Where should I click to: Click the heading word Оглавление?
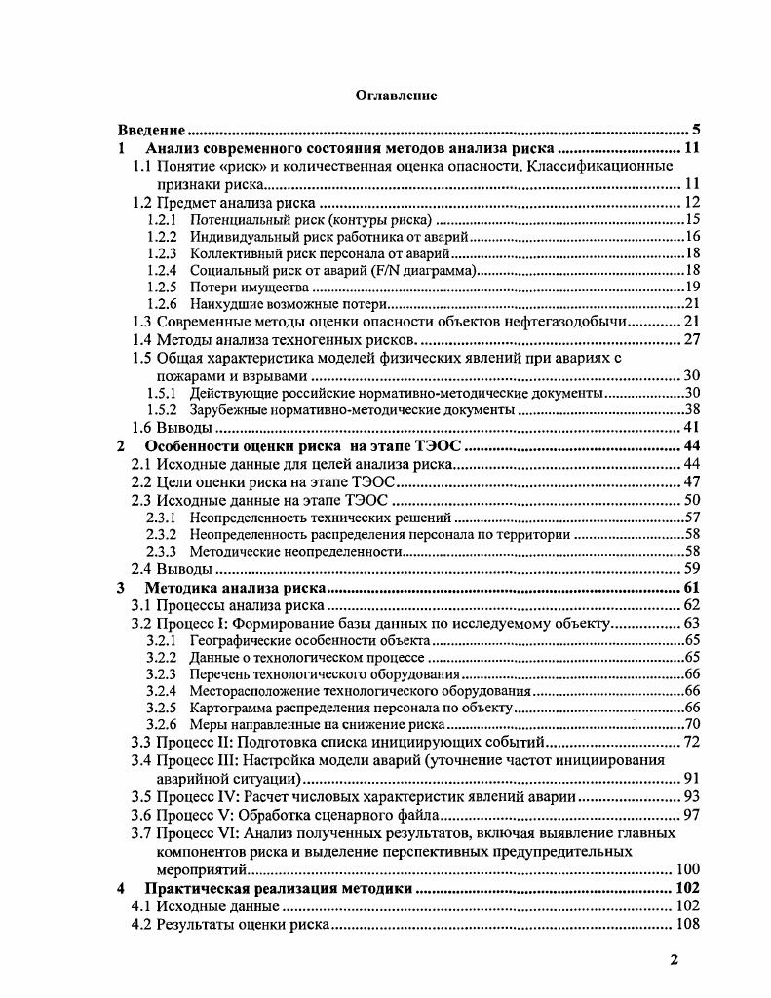point(396,96)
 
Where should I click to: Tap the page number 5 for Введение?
point(696,130)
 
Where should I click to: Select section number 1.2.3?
point(161,253)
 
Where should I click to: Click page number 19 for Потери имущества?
point(691,288)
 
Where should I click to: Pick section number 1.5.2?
point(161,410)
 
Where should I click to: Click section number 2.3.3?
point(161,552)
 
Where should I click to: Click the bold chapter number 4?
point(121,888)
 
